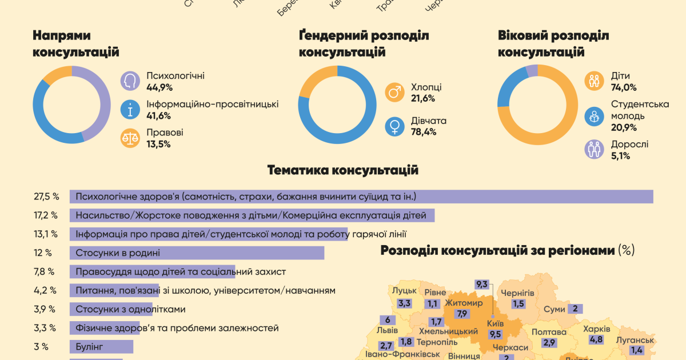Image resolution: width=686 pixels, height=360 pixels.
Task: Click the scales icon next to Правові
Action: [131, 138]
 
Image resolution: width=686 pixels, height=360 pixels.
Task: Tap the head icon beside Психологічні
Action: [131, 81]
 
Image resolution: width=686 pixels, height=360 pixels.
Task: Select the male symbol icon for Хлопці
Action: [394, 92]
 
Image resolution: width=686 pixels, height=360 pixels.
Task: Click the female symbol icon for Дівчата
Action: [394, 126]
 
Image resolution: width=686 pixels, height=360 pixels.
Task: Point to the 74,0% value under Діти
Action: [624, 87]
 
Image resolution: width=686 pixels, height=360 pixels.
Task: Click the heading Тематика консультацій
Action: [342, 170]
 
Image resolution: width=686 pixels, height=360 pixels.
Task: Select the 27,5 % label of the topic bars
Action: [47, 197]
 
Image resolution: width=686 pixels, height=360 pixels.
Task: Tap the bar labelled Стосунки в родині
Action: [197, 253]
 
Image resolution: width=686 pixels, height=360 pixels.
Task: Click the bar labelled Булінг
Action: [101, 346]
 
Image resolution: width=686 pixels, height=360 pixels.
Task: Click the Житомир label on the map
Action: [464, 302]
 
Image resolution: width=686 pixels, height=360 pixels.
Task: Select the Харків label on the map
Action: [596, 329]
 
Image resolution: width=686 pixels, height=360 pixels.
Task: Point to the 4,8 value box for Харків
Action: [596, 339]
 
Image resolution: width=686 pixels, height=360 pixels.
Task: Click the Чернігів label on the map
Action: [518, 293]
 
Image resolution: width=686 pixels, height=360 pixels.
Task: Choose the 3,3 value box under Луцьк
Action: [405, 303]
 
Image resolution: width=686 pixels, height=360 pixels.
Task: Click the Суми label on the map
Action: [554, 309]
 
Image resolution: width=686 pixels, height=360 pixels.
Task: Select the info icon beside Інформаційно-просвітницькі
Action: [131, 109]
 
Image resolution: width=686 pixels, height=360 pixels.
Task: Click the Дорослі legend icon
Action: [595, 150]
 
